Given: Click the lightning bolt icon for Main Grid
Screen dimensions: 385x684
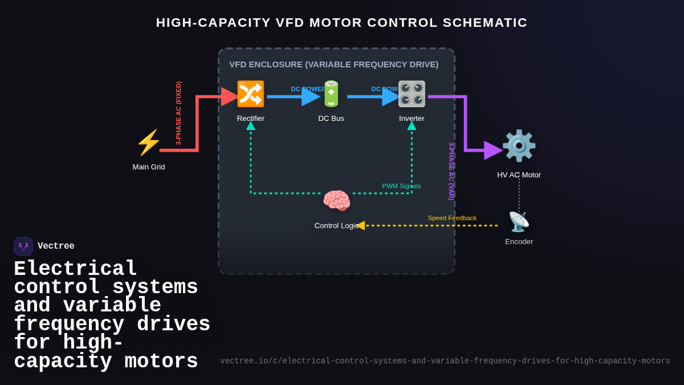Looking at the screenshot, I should [x=149, y=143].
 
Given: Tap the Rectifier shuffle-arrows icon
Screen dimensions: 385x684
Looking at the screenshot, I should [x=251, y=94].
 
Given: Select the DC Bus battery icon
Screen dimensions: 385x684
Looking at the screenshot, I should [x=331, y=94].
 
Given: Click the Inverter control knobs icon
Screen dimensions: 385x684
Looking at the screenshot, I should [x=412, y=94].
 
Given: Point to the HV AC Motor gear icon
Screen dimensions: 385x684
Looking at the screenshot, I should [x=519, y=146].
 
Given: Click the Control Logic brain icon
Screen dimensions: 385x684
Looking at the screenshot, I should [x=336, y=201].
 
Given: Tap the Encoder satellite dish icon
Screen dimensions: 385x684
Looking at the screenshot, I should [x=519, y=222].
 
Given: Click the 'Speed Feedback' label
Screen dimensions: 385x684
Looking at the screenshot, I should [x=452, y=218].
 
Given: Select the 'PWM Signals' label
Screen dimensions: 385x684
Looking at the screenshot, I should [x=401, y=186].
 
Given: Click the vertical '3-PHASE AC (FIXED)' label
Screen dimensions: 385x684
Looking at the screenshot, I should [x=178, y=113].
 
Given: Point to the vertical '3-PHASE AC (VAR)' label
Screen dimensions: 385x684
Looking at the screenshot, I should [x=451, y=171].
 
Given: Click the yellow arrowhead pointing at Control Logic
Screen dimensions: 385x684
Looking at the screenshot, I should [x=360, y=225].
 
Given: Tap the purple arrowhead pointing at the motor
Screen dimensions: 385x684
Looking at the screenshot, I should [x=492, y=151].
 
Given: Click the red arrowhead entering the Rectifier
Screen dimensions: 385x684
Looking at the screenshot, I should [x=230, y=97].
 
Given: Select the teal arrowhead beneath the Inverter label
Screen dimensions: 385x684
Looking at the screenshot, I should [x=412, y=126].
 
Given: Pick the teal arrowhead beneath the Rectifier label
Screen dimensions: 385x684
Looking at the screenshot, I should [x=251, y=126].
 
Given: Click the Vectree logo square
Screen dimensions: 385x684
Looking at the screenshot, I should [x=23, y=246].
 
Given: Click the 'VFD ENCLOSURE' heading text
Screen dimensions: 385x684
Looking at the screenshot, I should [x=333, y=64].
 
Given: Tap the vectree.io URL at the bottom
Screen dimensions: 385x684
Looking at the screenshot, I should [x=445, y=361].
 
